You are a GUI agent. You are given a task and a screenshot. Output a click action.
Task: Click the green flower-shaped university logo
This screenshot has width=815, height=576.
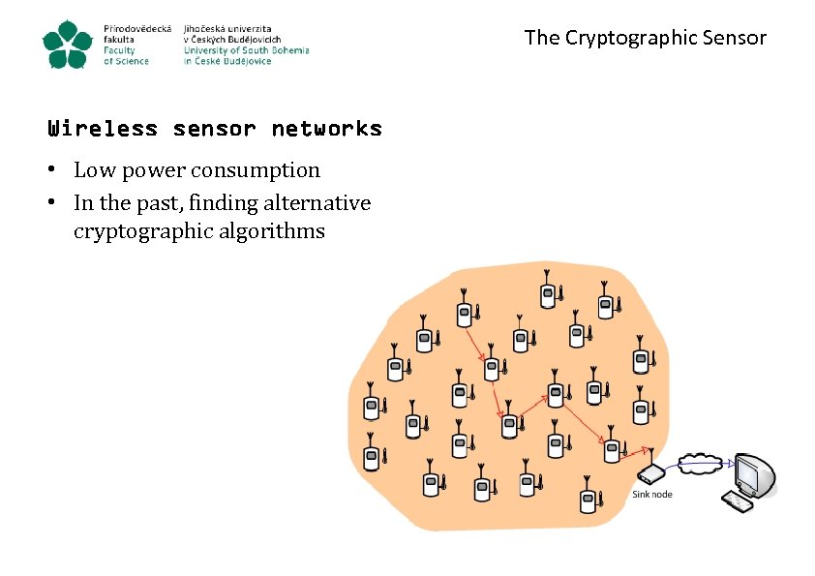click(x=68, y=45)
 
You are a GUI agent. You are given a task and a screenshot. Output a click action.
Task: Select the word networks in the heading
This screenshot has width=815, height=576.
click(x=326, y=128)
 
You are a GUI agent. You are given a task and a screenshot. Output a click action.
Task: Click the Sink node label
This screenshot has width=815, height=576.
click(x=651, y=494)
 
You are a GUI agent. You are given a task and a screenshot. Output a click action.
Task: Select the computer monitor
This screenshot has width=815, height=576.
click(x=752, y=473)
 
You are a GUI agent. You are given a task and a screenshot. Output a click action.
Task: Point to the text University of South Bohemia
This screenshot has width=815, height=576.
click(x=246, y=50)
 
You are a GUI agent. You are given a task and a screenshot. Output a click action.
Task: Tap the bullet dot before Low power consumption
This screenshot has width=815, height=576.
click(x=57, y=171)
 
